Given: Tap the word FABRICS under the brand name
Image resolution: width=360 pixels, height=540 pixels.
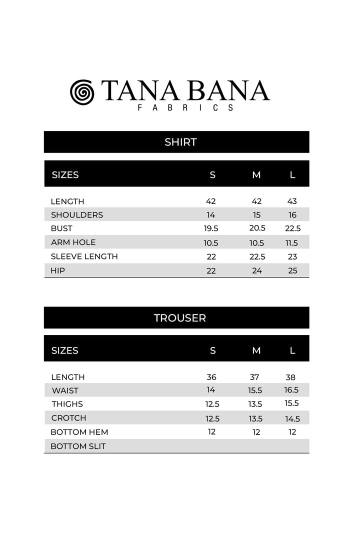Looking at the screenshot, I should (184, 107).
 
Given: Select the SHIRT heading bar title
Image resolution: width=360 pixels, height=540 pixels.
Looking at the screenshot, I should (180, 142).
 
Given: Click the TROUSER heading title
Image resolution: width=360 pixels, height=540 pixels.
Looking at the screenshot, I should (179, 317).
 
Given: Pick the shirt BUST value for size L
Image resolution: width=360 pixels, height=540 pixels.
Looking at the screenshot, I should (292, 228).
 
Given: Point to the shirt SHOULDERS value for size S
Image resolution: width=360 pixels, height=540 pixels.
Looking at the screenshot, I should (210, 215).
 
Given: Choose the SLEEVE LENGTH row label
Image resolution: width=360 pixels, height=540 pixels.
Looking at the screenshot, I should (84, 256).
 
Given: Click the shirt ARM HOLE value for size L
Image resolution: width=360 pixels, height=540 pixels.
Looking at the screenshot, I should (292, 242).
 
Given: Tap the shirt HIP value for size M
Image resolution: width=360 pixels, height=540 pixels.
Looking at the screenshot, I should (256, 270).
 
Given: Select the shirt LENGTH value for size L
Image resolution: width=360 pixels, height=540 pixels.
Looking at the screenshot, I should (292, 201).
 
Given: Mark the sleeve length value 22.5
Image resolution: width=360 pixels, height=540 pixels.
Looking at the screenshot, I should (256, 256).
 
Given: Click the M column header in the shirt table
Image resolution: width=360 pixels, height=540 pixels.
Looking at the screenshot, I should (256, 174).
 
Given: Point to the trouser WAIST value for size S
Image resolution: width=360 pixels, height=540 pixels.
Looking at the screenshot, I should (210, 390).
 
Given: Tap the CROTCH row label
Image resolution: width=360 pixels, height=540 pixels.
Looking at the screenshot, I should (68, 418).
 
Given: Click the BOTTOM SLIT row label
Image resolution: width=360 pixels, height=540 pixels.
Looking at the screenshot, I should (78, 446).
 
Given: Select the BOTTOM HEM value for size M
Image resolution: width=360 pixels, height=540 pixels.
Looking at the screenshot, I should (256, 432).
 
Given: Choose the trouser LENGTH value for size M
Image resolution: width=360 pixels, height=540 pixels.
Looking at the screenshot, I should (256, 377).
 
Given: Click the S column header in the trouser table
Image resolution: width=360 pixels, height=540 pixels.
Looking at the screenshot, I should (212, 350).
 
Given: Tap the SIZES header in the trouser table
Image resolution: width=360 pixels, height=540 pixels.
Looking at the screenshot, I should (65, 350).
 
